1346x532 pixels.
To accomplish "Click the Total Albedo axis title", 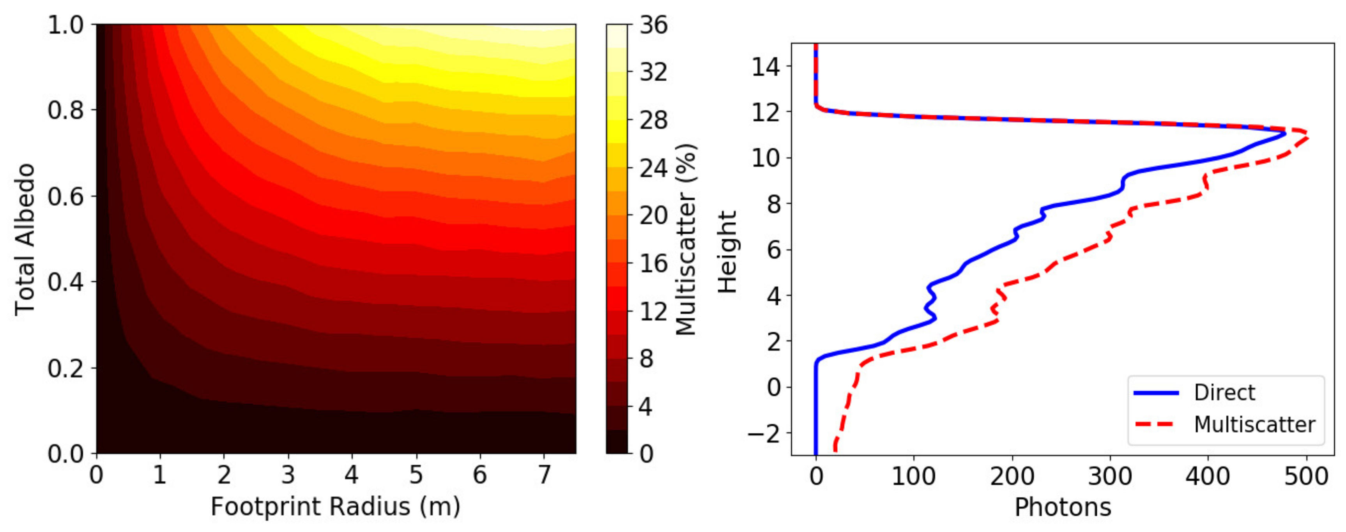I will [25, 240].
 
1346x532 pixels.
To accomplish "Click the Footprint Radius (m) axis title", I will [336, 506].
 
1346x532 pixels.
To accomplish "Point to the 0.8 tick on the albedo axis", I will [66, 110].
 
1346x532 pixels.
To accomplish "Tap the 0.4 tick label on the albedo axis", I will [66, 282].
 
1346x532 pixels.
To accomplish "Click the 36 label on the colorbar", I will [653, 25].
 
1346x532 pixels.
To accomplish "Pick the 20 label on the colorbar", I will [653, 216].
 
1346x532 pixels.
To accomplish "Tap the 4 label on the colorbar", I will [647, 407].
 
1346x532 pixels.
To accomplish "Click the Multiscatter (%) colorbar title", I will [686, 240].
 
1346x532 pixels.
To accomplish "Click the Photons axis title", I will [1062, 507].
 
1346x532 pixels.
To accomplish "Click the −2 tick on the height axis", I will [763, 433].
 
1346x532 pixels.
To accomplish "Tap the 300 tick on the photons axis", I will [1110, 476].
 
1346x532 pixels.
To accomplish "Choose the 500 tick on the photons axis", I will [1306, 476].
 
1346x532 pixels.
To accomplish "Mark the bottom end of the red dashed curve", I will [835, 449].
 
